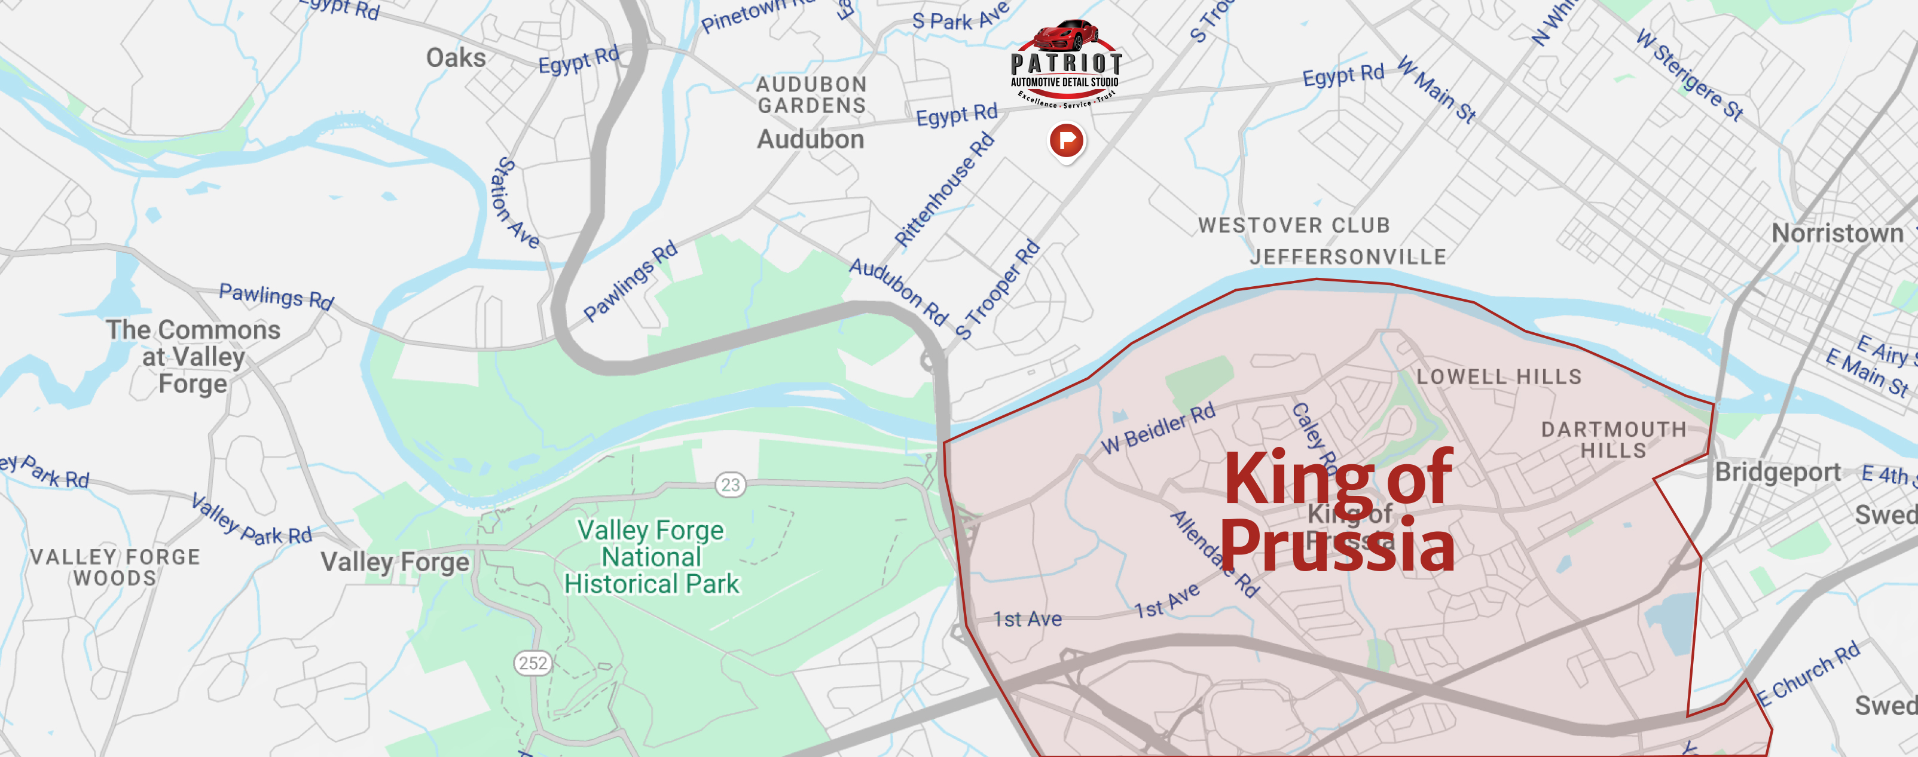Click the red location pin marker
(x=1066, y=140)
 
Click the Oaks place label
(x=456, y=58)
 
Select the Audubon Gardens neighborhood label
(x=811, y=94)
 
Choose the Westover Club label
(x=1294, y=225)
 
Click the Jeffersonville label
(x=1348, y=257)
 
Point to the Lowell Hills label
(x=1499, y=376)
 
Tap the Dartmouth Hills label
(x=1614, y=440)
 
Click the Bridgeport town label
(x=1777, y=472)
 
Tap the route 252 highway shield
(x=533, y=663)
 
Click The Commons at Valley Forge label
(x=194, y=357)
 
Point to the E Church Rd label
(x=1809, y=673)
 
